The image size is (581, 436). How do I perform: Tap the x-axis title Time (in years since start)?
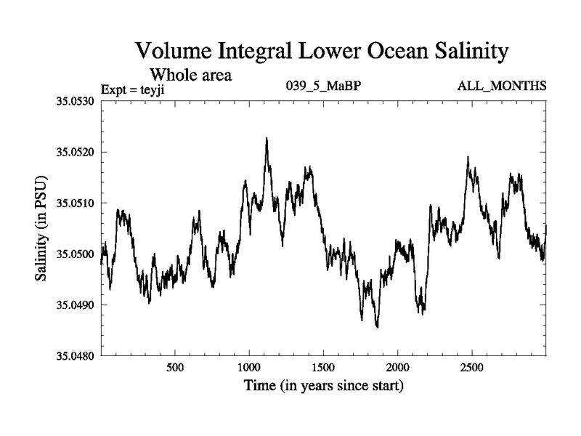tap(323, 385)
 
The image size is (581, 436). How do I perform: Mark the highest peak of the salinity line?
tap(267, 138)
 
